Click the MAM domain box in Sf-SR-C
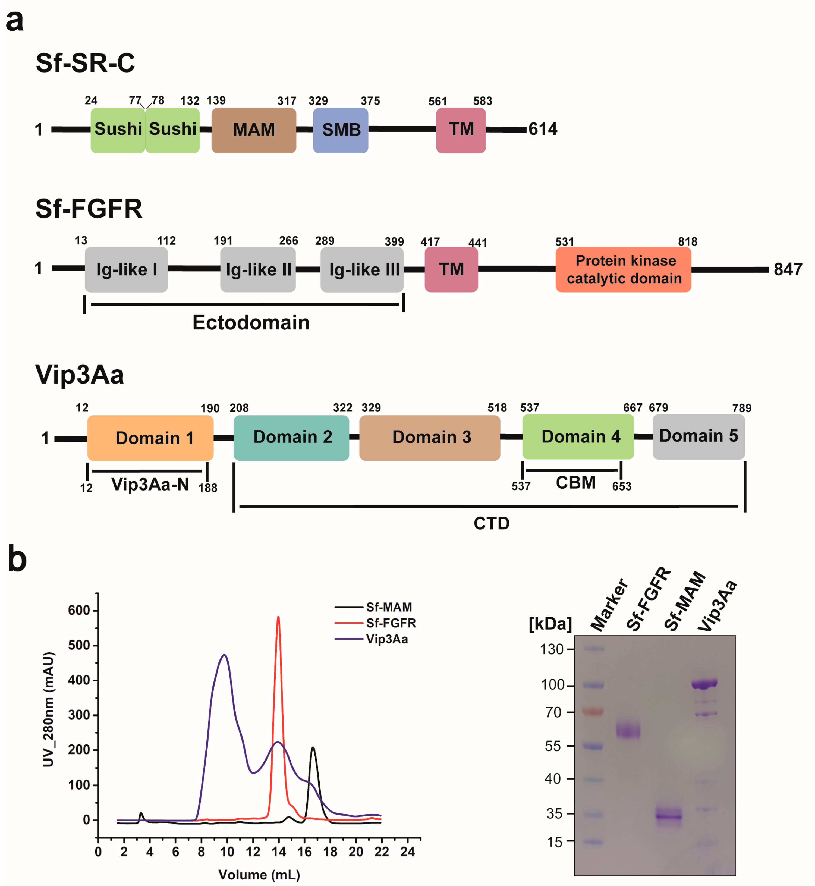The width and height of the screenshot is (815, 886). [254, 130]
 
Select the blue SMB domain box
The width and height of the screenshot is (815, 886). [341, 130]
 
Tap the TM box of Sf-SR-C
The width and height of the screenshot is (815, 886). [461, 130]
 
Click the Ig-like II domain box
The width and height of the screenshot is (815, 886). [258, 269]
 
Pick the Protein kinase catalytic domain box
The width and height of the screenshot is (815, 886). [623, 269]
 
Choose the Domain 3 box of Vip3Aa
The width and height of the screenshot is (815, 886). [430, 438]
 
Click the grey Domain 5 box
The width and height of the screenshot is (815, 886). [698, 436]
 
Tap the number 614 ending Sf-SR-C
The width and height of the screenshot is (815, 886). [543, 129]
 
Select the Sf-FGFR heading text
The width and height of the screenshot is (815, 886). [89, 209]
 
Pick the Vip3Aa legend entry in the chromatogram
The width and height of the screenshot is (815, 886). [386, 639]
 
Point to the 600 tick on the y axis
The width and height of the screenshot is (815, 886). [79, 610]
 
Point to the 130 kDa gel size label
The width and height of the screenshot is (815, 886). [552, 649]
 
